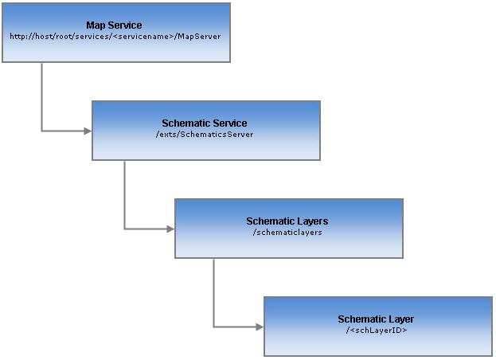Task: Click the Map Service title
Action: click(x=114, y=25)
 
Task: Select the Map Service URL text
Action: click(x=115, y=37)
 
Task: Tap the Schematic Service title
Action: click(x=205, y=123)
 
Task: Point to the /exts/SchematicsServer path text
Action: click(x=205, y=135)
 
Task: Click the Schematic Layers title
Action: click(x=287, y=221)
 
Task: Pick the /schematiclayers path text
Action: click(x=287, y=232)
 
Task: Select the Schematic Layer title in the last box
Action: click(x=376, y=319)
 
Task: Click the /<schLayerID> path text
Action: click(x=377, y=330)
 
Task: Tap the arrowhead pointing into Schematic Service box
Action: click(x=88, y=131)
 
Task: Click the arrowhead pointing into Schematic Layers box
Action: click(x=170, y=229)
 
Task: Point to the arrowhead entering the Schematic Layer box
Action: click(x=259, y=327)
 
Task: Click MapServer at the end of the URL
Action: click(x=201, y=37)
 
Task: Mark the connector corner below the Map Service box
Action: click(x=41, y=131)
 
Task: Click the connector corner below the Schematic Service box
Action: click(x=124, y=229)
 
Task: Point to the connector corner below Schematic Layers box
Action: click(x=213, y=327)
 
